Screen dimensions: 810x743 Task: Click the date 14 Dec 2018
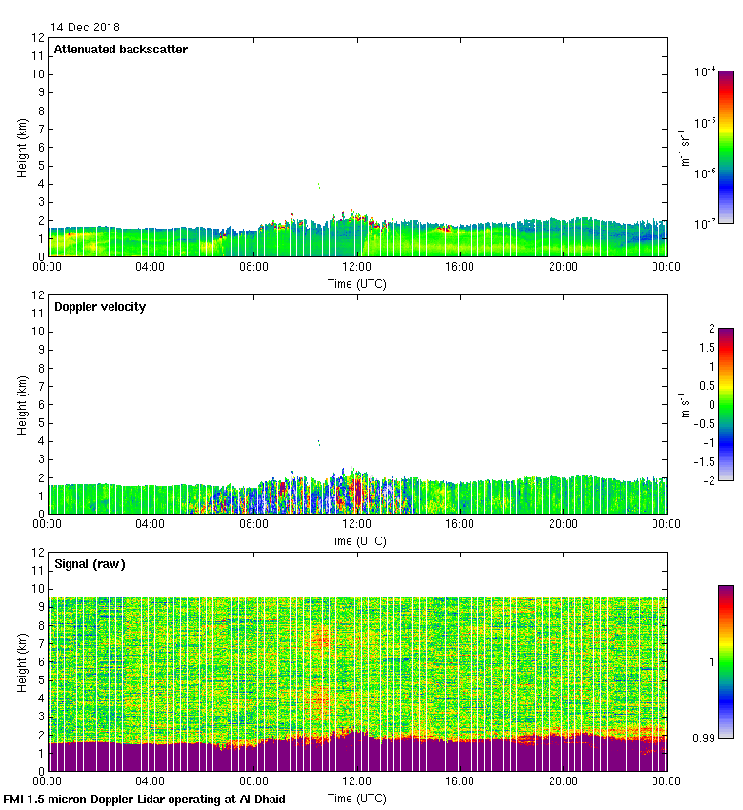click(86, 28)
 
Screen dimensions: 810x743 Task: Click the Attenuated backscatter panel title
click(121, 49)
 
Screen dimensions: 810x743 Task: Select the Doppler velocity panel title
click(100, 306)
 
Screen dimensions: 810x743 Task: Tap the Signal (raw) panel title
click(90, 563)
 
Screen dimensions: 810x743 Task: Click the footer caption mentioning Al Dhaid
click(145, 799)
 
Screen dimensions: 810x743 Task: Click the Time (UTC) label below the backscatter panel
click(357, 283)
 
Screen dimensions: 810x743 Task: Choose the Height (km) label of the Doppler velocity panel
click(22, 404)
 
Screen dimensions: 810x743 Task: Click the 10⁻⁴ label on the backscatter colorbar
click(706, 71)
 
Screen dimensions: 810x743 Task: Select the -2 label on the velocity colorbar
click(707, 480)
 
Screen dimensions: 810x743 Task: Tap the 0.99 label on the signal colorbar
click(704, 738)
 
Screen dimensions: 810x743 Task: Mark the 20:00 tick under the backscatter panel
click(563, 267)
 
